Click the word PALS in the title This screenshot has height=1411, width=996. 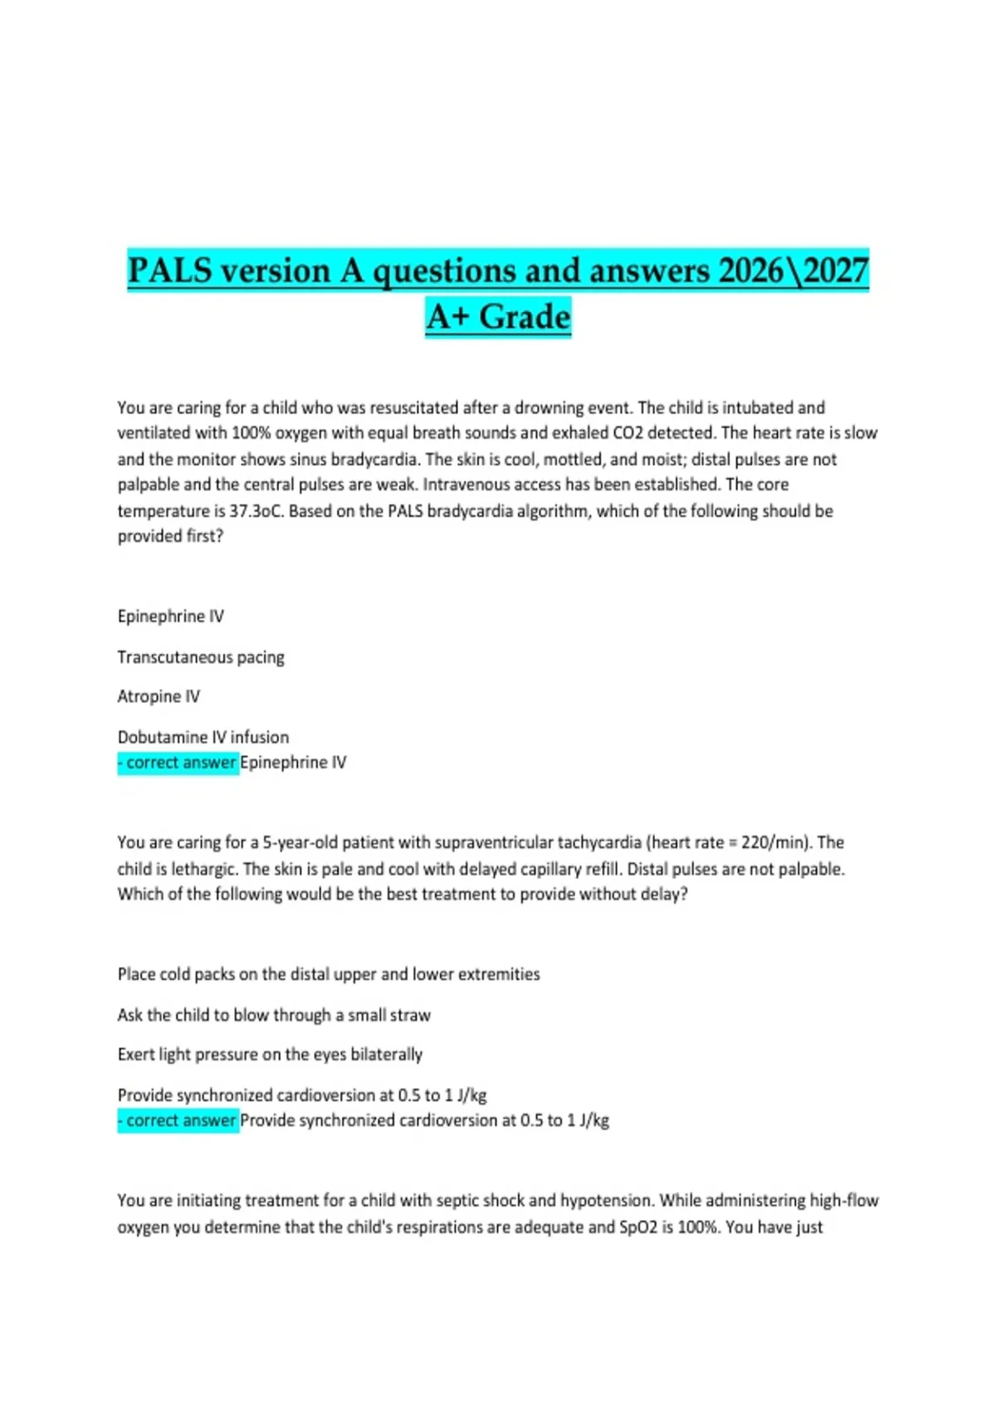click(170, 271)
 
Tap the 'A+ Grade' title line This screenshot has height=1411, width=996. click(498, 317)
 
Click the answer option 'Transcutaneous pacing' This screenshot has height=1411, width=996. click(201, 657)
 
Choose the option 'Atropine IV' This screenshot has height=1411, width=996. click(159, 696)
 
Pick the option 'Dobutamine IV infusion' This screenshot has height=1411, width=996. click(203, 737)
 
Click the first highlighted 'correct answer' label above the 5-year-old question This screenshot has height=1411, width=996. click(178, 763)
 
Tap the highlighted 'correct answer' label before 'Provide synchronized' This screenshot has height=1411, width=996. click(178, 1120)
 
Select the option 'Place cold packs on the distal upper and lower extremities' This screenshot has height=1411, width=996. click(329, 974)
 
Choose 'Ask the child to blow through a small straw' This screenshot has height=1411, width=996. click(274, 1015)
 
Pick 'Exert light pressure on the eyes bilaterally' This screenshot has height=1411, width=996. click(270, 1055)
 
